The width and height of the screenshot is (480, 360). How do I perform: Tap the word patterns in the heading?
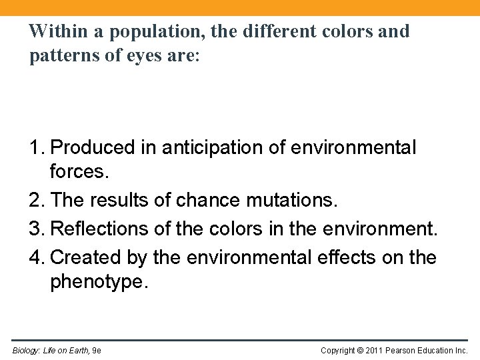[x=61, y=56]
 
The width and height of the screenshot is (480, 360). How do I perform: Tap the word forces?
[x=79, y=172]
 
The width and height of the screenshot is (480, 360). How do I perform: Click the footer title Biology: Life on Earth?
[x=51, y=351]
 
